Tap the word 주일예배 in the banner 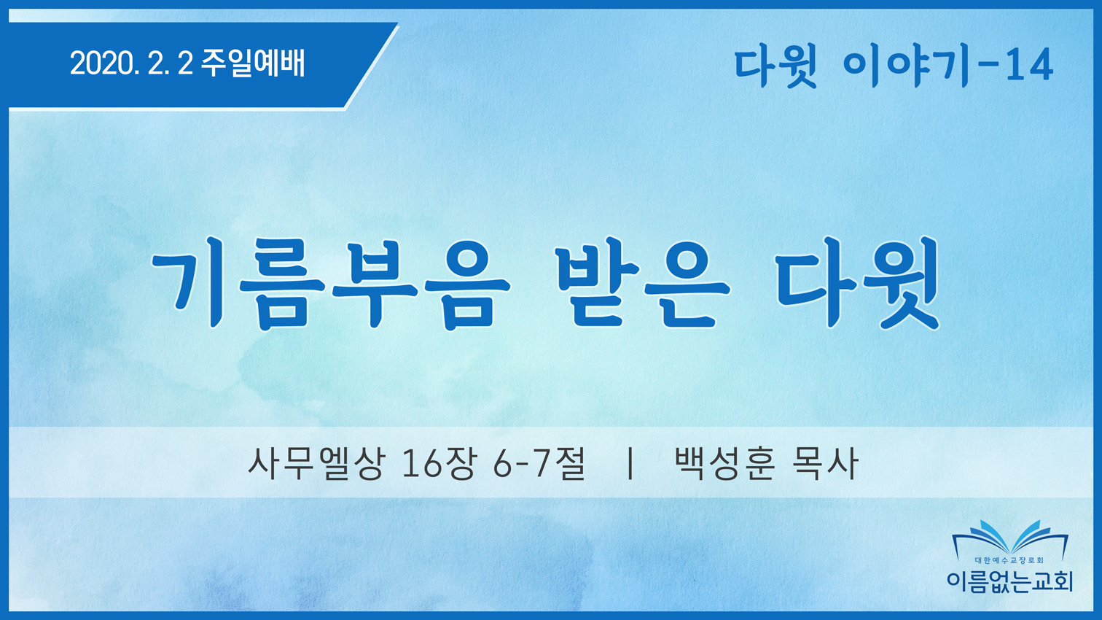click(254, 63)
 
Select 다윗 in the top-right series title click(775, 67)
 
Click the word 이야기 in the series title click(906, 67)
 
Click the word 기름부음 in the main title click(331, 284)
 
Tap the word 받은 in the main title click(643, 284)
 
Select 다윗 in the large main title click(856, 283)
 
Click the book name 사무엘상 click(315, 463)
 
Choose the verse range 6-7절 click(539, 463)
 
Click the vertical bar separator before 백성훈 click(630, 463)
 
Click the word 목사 click(824, 463)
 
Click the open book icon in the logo click(1010, 540)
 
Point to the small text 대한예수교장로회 click(1009, 560)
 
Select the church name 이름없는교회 click(1009, 581)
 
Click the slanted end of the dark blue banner click(372, 65)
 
